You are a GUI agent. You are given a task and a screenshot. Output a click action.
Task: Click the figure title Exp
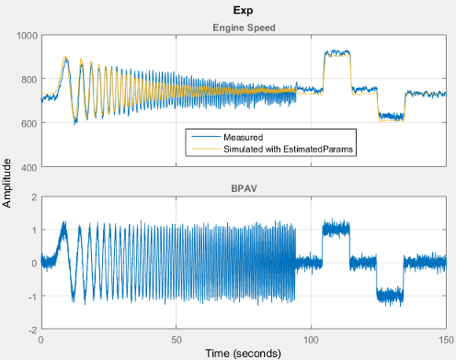[243, 11]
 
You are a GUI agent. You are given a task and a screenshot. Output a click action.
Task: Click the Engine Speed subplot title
[243, 28]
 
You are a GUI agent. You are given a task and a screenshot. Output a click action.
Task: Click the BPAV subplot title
[243, 189]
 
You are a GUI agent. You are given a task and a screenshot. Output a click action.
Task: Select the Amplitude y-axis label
[8, 182]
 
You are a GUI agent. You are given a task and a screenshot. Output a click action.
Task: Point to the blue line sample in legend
[202, 137]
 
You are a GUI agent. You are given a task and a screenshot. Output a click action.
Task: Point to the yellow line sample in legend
[202, 148]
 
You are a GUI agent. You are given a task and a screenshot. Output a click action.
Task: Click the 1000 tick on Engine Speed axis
[25, 35]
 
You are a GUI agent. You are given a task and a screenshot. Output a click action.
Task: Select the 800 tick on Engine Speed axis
[28, 79]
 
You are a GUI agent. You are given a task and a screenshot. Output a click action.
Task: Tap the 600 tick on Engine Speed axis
[28, 123]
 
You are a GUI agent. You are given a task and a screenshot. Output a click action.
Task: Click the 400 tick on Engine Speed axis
[28, 167]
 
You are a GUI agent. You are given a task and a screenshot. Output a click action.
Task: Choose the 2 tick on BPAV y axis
[33, 197]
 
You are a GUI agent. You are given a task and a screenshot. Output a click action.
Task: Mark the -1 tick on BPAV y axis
[31, 296]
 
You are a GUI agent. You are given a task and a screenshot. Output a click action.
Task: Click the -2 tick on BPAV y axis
[31, 329]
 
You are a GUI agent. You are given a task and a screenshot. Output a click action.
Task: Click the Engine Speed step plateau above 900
[337, 53]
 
